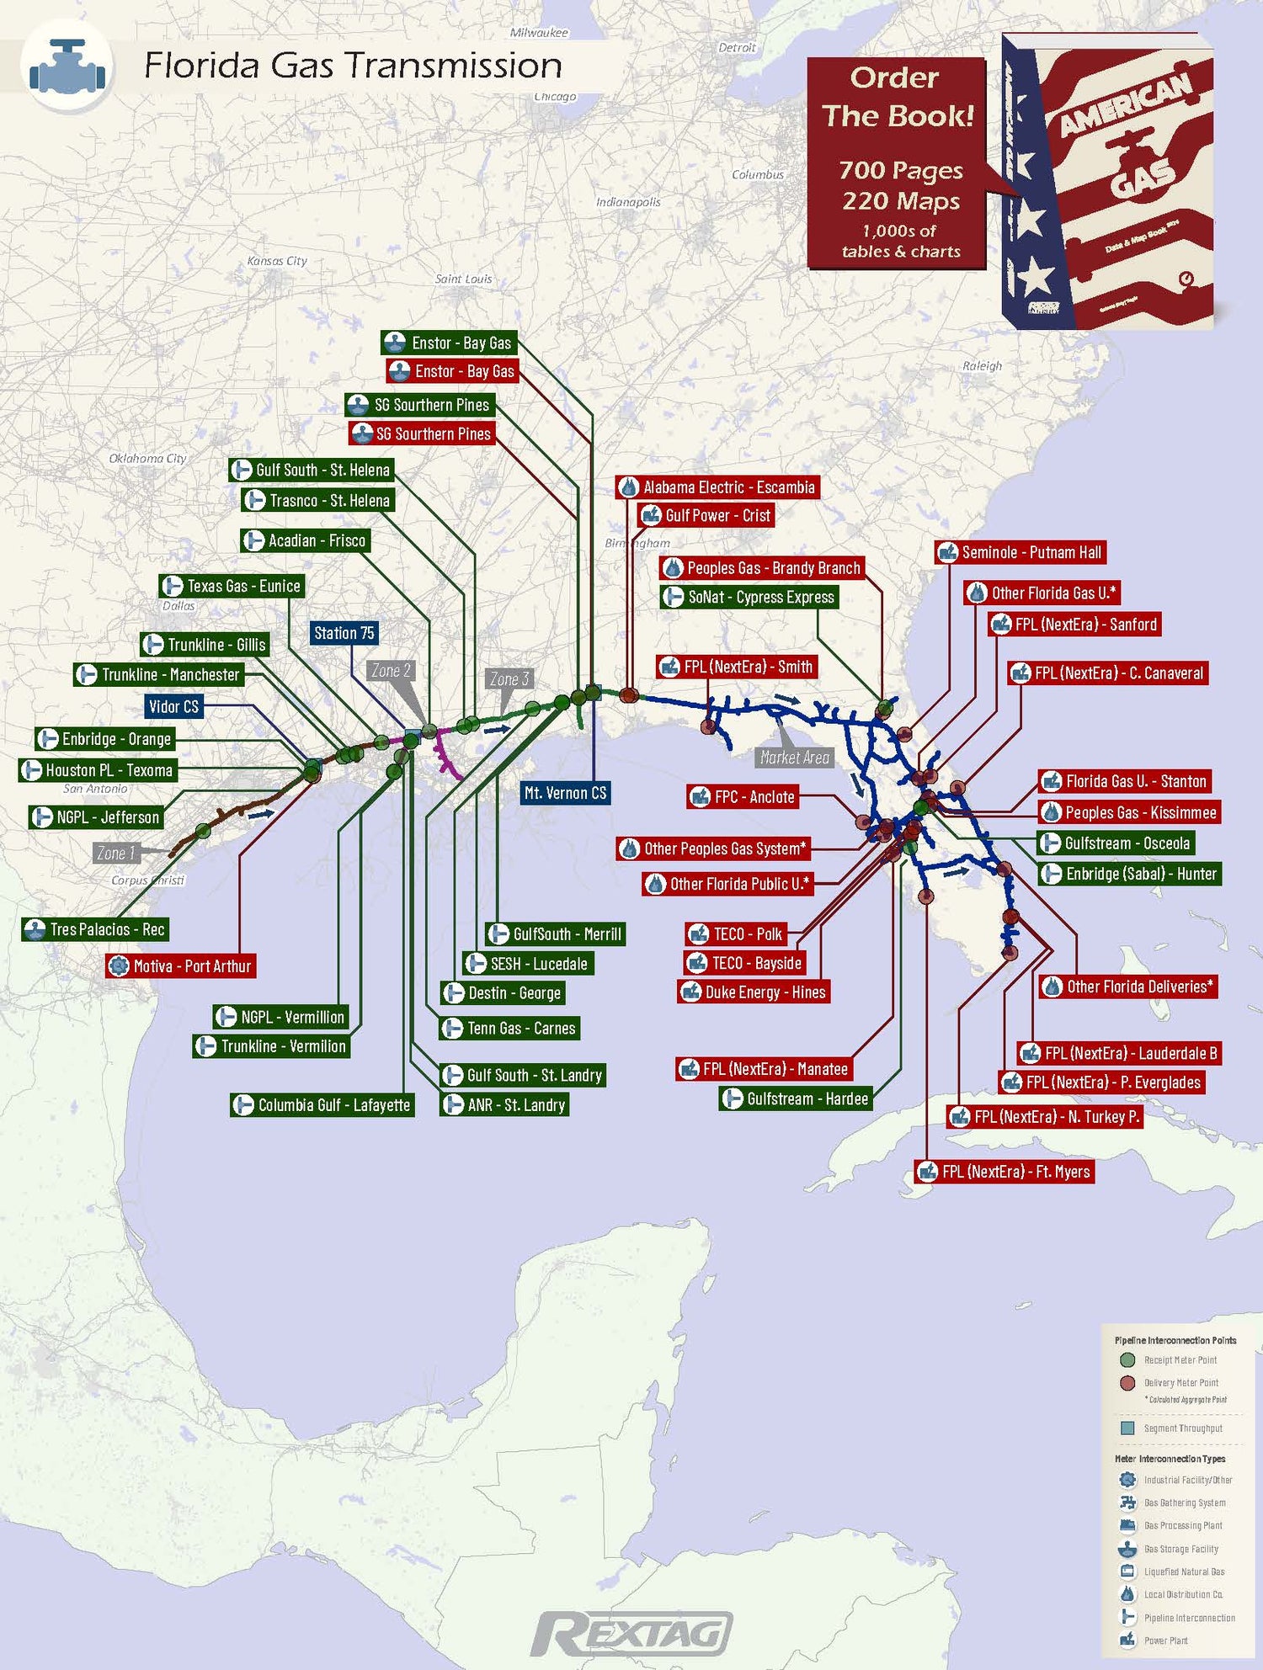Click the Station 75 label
coord(344,633)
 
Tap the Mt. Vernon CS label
coord(565,793)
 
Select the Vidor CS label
coord(173,706)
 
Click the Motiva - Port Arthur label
coord(180,966)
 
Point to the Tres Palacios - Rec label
coord(95,929)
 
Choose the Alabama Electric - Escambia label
coord(717,487)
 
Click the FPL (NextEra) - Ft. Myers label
coord(1005,1172)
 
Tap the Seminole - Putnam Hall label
coord(1021,552)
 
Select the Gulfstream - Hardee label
coord(796,1098)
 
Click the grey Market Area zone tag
coord(794,758)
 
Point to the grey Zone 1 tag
coord(115,853)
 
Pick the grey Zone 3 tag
coord(509,678)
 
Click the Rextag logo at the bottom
coord(631,1633)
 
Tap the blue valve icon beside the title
coord(67,66)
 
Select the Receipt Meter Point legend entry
coord(1179,1360)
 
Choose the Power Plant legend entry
coord(1165,1641)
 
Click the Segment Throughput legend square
coord(1128,1428)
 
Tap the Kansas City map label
coord(277,261)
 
